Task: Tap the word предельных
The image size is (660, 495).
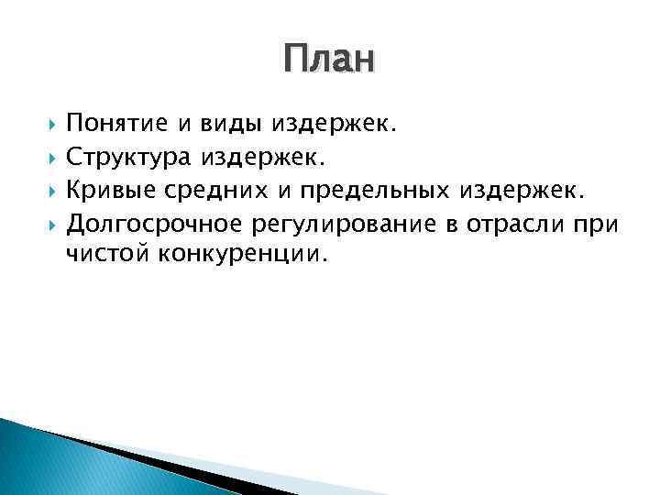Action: tap(362, 192)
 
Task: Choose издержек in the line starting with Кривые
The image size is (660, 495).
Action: tap(521, 192)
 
